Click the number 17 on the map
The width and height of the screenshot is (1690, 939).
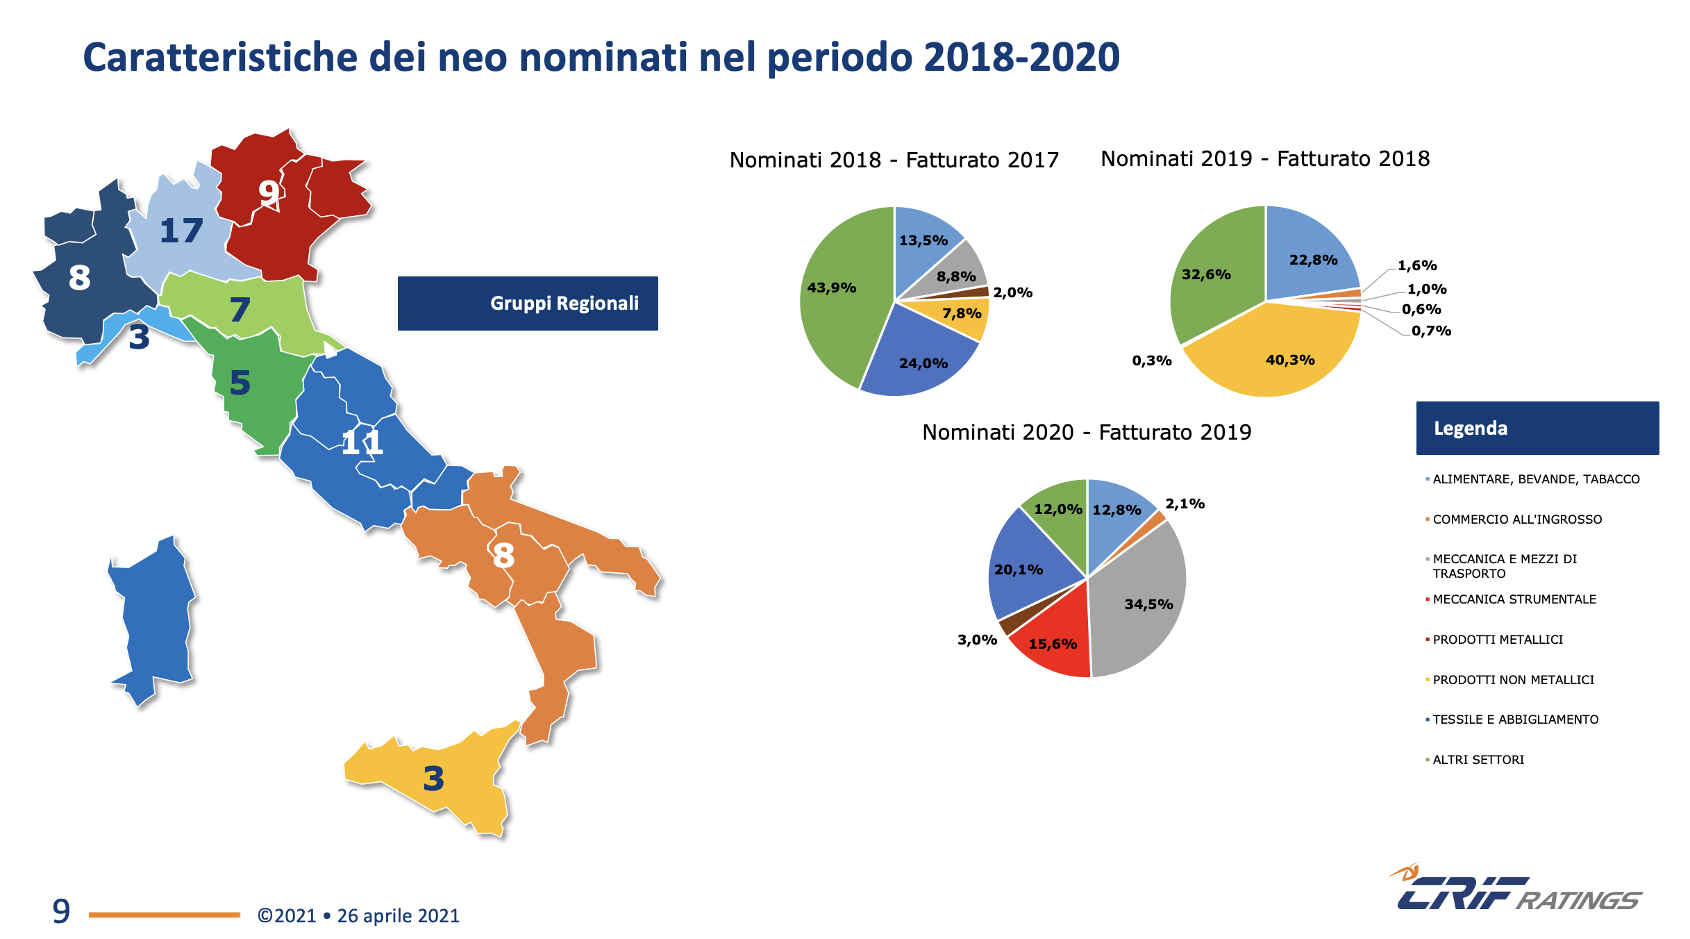tap(181, 231)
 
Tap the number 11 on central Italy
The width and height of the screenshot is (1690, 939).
tap(362, 442)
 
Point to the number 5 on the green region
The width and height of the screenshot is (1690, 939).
tap(240, 383)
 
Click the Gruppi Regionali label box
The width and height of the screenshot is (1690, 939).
tap(528, 304)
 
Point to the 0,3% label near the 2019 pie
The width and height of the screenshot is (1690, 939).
tap(1152, 360)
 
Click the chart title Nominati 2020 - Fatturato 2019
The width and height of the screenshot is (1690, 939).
tap(1087, 433)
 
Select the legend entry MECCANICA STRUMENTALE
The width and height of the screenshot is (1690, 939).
tap(1514, 599)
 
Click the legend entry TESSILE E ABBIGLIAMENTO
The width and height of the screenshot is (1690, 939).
tap(1515, 720)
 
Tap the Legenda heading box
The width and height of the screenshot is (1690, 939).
tap(1537, 429)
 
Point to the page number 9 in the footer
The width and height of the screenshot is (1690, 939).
tap(61, 911)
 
